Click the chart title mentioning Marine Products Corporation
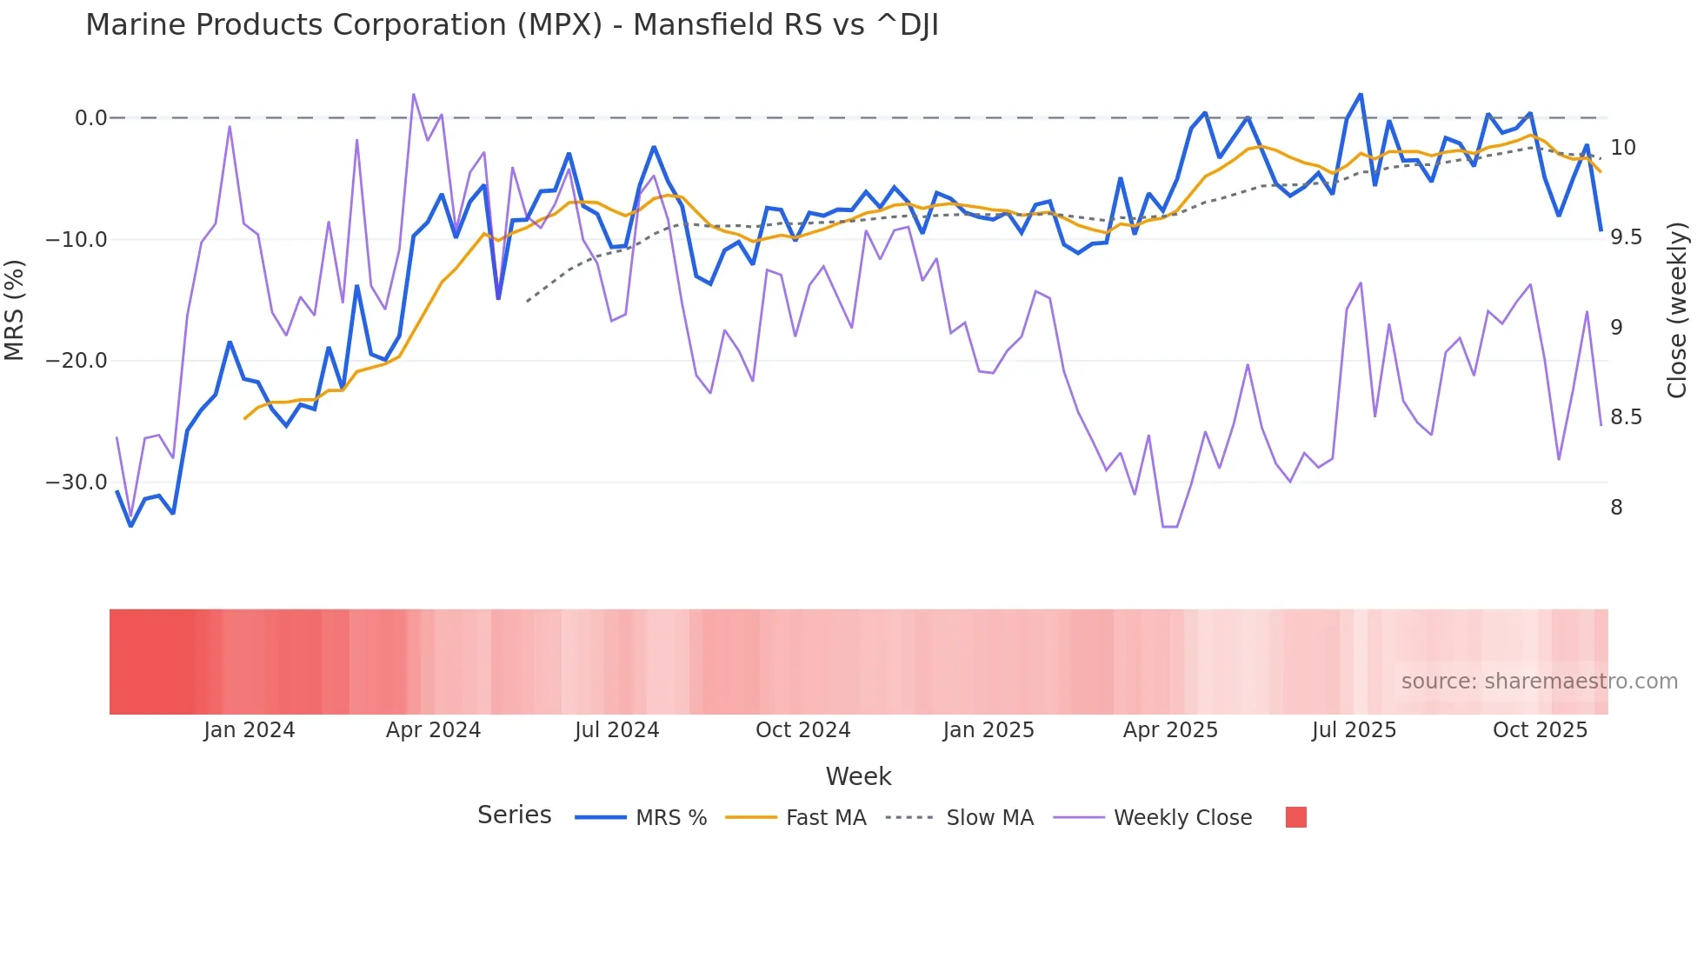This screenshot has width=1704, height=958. pyautogui.click(x=511, y=25)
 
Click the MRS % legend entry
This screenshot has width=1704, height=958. pyautogui.click(x=670, y=818)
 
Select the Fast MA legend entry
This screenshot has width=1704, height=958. pyautogui.click(x=825, y=818)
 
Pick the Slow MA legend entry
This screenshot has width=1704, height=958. pyautogui.click(x=989, y=818)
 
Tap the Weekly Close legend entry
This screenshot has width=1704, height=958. pyautogui.click(x=1182, y=818)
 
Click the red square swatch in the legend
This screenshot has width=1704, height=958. pyautogui.click(x=1295, y=817)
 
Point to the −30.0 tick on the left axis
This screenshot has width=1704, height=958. pyautogui.click(x=77, y=482)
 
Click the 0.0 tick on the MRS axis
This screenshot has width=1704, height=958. pyautogui.click(x=90, y=118)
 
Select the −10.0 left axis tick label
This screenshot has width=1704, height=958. pyautogui.click(x=77, y=240)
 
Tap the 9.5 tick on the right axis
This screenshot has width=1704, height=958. pyautogui.click(x=1626, y=237)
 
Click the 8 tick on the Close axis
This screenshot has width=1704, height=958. pyautogui.click(x=1616, y=508)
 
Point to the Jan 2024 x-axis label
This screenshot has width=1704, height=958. pyautogui.click(x=250, y=730)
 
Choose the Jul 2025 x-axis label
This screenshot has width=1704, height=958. pyautogui.click(x=1354, y=730)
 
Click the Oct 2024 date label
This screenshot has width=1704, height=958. pyautogui.click(x=802, y=730)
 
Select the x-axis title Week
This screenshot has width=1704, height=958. pyautogui.click(x=858, y=776)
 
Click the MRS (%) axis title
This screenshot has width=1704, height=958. pyautogui.click(x=15, y=309)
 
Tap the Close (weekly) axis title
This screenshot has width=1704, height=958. pyautogui.click(x=1677, y=309)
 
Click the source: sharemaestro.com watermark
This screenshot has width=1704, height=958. pyautogui.click(x=1539, y=682)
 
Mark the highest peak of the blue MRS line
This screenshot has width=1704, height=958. pyautogui.click(x=1361, y=95)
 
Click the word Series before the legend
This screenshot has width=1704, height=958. pyautogui.click(x=514, y=815)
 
